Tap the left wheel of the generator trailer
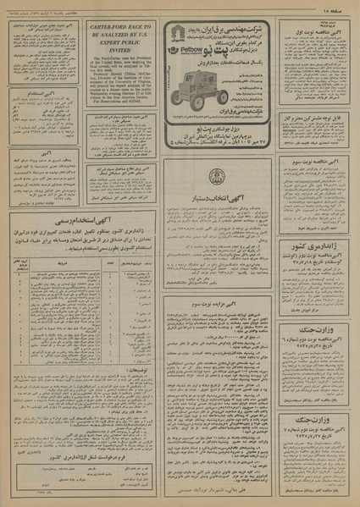[x=181, y=106]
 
